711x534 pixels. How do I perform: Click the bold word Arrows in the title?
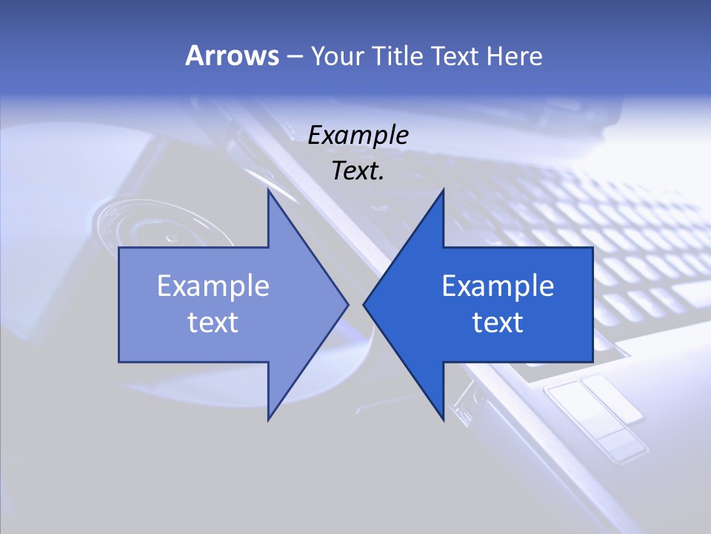click(232, 56)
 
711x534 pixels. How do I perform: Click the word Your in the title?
click(336, 56)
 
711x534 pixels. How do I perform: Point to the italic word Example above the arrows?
click(358, 136)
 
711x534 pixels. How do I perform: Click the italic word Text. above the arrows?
click(358, 171)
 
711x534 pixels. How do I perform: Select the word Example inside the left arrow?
click(213, 286)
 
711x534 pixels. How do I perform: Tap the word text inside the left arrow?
click(213, 323)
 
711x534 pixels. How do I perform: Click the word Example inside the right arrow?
click(498, 286)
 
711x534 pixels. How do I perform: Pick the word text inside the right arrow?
click(498, 323)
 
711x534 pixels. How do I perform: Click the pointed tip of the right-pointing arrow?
click(348, 304)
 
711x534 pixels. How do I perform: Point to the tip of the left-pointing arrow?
click(364, 304)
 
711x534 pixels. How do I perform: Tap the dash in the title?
click(294, 56)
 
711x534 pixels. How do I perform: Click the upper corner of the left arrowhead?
click(268, 190)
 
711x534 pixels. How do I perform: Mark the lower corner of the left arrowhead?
click(268, 420)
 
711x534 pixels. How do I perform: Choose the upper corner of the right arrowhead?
click(443, 190)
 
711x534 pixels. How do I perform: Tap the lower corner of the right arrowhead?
click(443, 420)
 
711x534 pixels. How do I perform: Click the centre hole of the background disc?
click(172, 238)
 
